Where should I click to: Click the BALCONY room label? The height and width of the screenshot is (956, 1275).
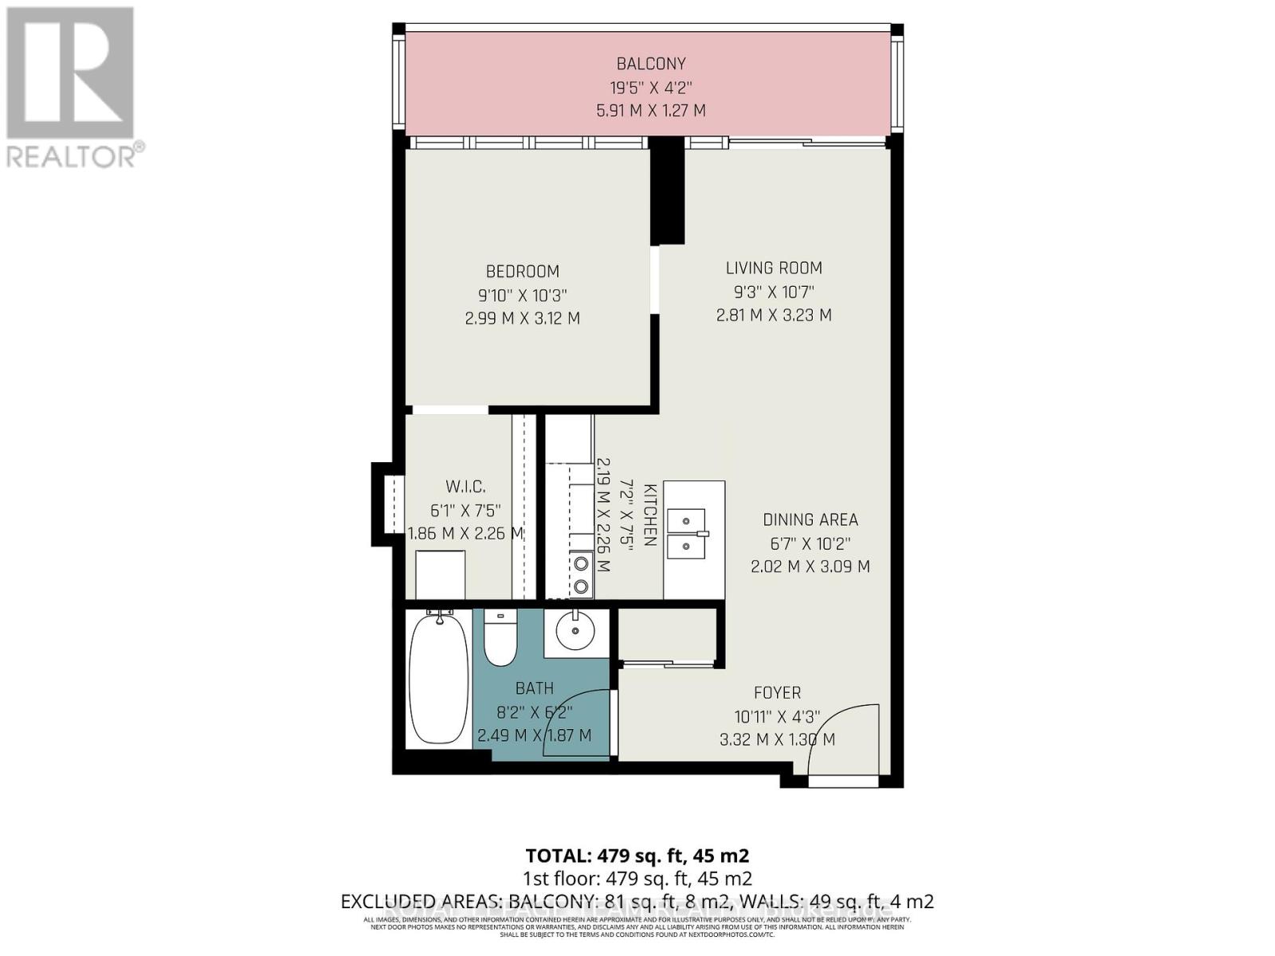coord(650,64)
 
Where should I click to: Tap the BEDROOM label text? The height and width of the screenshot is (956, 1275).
coord(522,272)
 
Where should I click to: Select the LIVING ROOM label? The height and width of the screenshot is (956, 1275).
coord(773,268)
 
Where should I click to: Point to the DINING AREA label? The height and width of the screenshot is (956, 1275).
coord(810,520)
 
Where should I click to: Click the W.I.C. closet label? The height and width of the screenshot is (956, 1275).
coord(465,487)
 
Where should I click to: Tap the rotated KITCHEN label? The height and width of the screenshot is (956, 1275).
coord(649,515)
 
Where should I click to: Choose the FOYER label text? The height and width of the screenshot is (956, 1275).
coord(777,693)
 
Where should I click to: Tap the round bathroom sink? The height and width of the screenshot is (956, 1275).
coord(575,635)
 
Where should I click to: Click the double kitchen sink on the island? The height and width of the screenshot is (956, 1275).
coord(686,534)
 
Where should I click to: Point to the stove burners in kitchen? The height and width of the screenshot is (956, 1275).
coord(582,575)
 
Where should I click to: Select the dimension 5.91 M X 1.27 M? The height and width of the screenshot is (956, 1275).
coord(650,111)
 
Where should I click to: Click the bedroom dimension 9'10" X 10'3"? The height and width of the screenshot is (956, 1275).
coord(522,296)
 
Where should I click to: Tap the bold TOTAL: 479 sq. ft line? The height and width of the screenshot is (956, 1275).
coord(637,856)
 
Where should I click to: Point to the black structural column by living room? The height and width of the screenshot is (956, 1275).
coord(667,191)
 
